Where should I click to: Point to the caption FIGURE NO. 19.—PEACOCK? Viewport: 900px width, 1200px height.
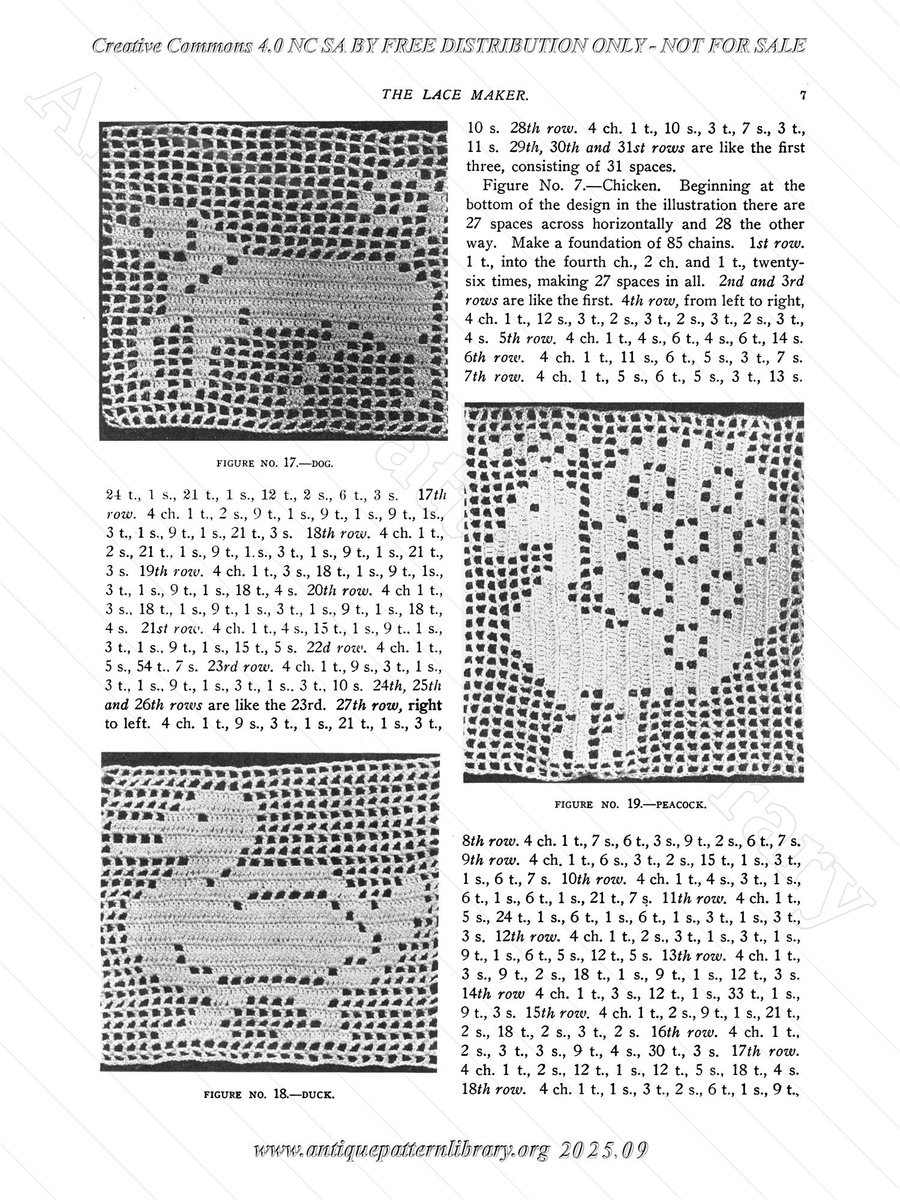631,805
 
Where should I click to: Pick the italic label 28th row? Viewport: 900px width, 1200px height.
544,128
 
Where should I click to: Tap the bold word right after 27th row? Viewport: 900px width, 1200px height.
424,705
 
